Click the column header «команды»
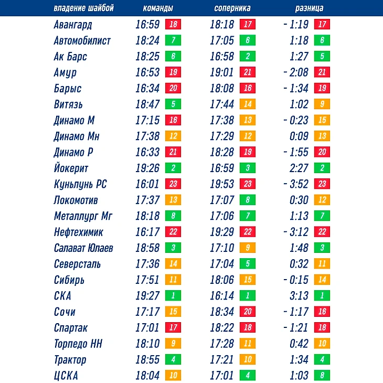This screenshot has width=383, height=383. coord(158,8)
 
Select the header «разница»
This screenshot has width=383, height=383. coord(309,8)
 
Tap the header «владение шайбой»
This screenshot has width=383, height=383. coord(83,8)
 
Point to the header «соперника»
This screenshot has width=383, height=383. coord(232,8)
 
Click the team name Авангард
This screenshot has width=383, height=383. coord(73,25)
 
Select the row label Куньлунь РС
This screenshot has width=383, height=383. coord(80,185)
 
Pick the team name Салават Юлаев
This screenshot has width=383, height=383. coord(83,248)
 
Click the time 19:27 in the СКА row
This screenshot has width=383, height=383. coord(147,296)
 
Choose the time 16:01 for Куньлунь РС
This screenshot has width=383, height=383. coord(147,185)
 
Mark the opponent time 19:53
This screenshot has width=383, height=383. coord(222,185)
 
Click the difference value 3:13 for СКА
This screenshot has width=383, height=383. coord(299,296)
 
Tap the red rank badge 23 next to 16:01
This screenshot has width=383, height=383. coord(173,185)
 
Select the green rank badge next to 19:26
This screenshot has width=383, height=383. coord(173,168)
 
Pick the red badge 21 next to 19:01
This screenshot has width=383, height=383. coord(247,72)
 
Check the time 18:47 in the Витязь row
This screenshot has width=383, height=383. coord(147,104)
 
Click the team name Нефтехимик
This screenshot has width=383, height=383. coord(78,232)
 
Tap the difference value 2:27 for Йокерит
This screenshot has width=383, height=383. coord(299,168)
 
